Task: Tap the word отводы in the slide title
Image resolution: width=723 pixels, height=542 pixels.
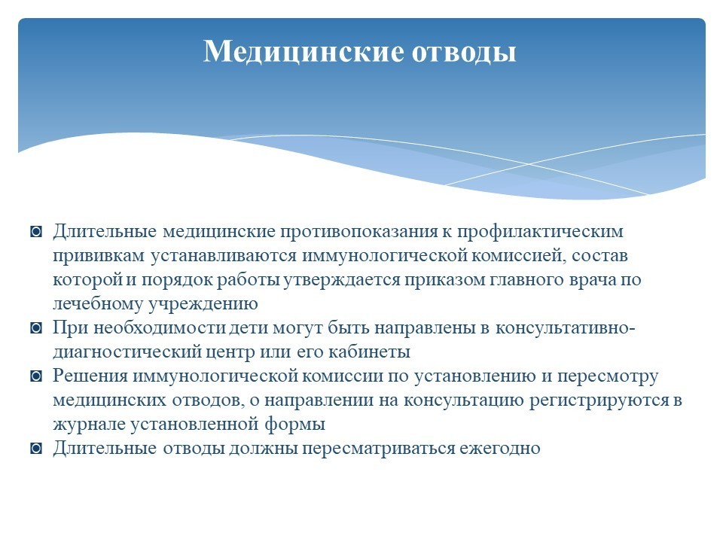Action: pos(463,52)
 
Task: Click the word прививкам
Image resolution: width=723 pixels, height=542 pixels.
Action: pos(99,256)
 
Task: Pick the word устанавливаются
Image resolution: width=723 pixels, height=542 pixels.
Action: pos(224,256)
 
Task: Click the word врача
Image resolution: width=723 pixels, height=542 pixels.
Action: pos(593,280)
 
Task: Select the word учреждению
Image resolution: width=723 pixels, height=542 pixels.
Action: pos(203,304)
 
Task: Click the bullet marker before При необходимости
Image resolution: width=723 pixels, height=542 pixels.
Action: pos(36,328)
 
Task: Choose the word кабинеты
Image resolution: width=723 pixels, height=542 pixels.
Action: pos(369,352)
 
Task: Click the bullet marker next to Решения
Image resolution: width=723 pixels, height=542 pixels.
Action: pos(36,376)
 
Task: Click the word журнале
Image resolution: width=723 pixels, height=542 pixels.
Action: pos(89,425)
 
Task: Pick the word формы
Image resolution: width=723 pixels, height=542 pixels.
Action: pos(295,424)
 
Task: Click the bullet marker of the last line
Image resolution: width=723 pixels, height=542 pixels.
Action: pos(36,449)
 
